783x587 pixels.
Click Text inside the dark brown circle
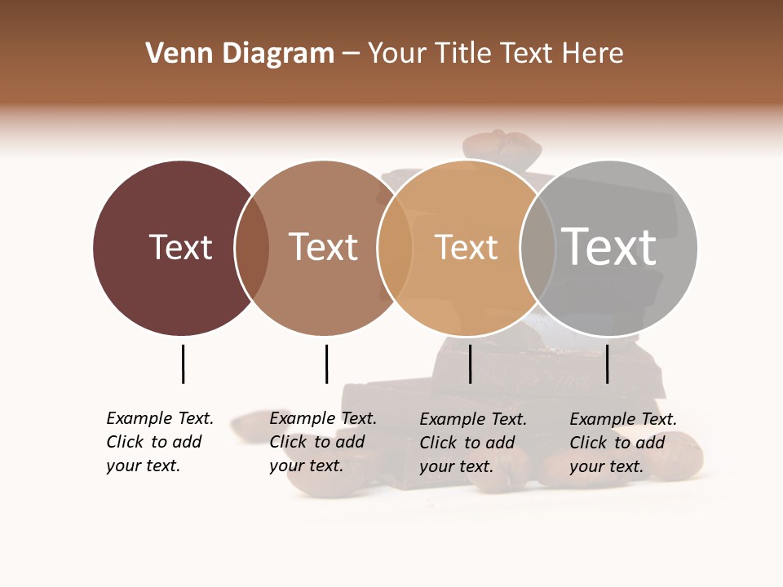click(x=180, y=247)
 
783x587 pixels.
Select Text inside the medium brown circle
click(x=323, y=247)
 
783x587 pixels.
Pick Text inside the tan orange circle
click(x=466, y=247)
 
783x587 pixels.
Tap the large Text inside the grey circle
click(x=608, y=246)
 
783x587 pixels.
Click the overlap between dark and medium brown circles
click(x=252, y=248)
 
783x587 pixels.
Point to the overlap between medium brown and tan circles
click(x=395, y=248)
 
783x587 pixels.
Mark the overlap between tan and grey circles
click(x=537, y=248)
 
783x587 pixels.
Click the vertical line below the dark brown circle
click(x=183, y=364)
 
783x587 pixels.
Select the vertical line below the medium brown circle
click(x=326, y=364)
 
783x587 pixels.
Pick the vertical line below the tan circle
click(x=470, y=364)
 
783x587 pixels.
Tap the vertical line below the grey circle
click(x=607, y=364)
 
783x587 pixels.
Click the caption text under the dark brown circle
click(x=159, y=442)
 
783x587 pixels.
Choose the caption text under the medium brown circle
click(x=322, y=442)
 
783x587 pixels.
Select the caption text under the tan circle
click(x=472, y=443)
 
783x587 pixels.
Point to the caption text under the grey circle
click(x=622, y=443)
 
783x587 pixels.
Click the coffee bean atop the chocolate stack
click(x=502, y=146)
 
